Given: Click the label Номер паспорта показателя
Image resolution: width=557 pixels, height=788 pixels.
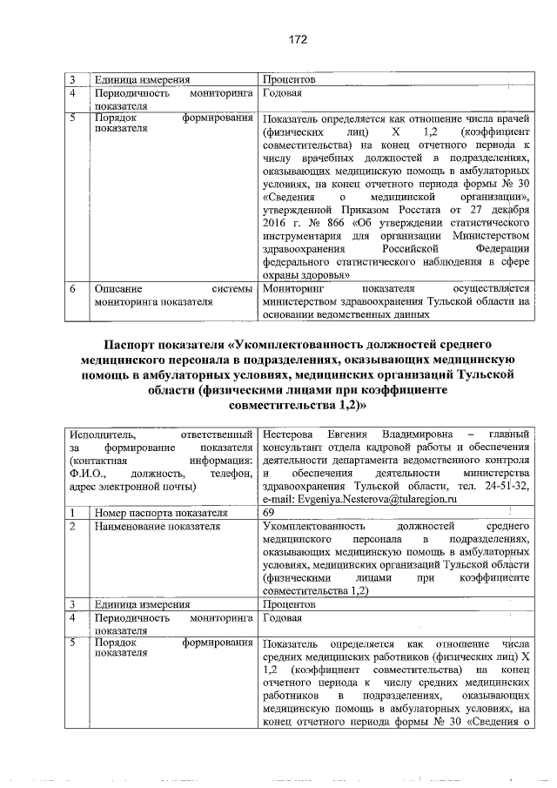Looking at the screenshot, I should coord(155,513).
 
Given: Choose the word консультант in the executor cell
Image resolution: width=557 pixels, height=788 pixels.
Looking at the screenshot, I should coord(292,448).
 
